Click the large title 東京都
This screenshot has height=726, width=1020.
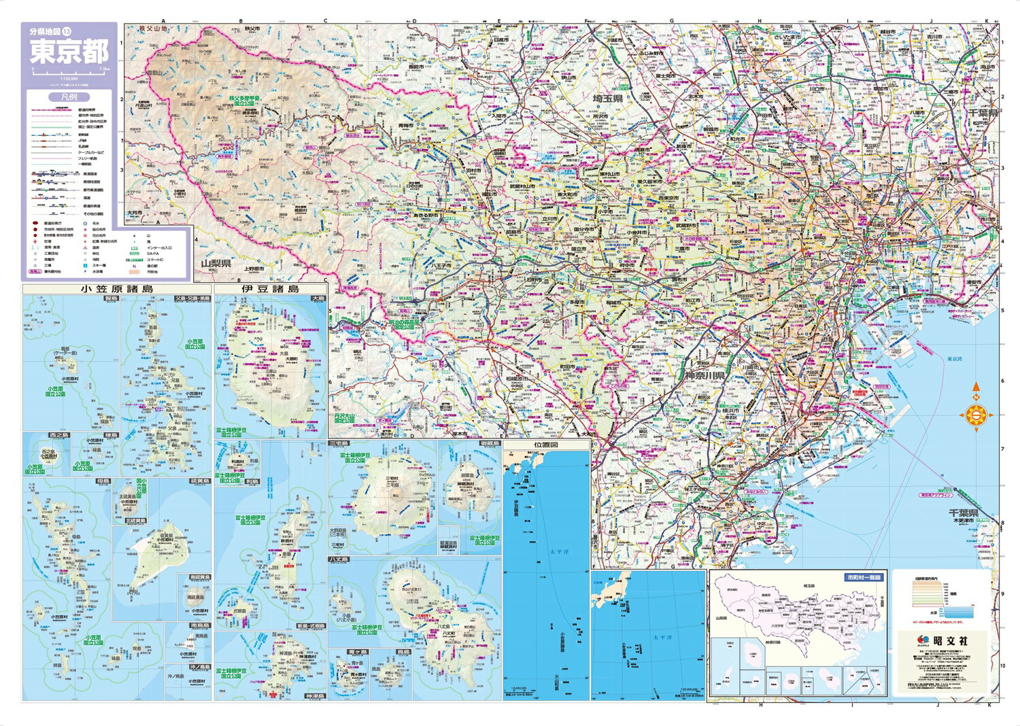(68, 52)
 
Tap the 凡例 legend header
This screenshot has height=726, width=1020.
(68, 97)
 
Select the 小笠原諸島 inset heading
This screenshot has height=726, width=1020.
(116, 289)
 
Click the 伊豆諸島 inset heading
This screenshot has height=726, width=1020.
(270, 289)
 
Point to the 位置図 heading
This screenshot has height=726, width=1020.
(546, 445)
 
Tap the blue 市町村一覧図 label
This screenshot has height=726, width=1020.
(863, 577)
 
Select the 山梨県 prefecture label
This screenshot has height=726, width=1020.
(216, 263)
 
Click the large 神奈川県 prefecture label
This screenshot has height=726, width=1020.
(704, 375)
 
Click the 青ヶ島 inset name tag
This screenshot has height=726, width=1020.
(347, 651)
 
